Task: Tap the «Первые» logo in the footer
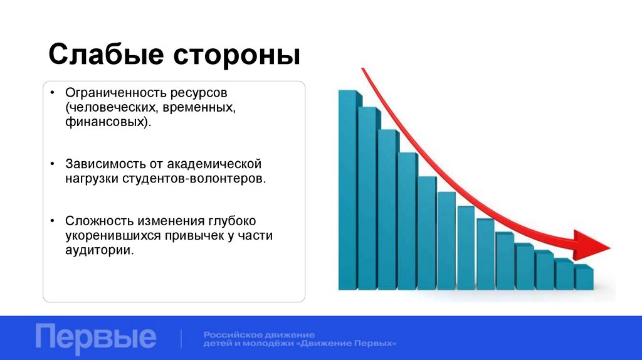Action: point(95,337)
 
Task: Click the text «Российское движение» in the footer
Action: point(259,334)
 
